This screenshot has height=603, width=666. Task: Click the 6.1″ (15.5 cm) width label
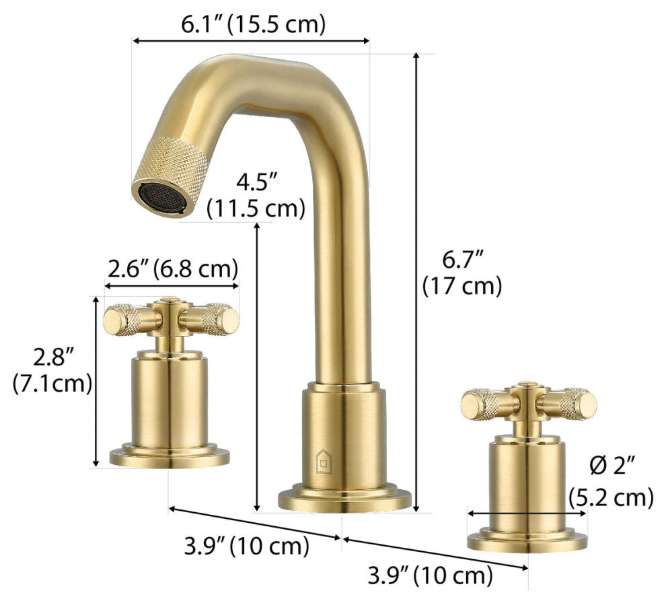pos(253,25)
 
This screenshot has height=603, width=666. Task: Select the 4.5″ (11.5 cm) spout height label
pos(256,195)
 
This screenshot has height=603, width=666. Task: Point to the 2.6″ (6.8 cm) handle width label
pos(173,269)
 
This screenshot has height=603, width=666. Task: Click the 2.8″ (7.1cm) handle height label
pos(52,369)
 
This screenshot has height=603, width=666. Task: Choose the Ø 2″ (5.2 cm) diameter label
pos(611,481)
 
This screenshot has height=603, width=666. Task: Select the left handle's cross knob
pos(172,319)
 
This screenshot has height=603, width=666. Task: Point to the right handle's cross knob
pos(529,403)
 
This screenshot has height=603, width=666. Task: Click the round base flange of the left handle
pos(170,457)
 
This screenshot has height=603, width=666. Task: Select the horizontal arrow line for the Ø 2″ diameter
pos(527,513)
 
